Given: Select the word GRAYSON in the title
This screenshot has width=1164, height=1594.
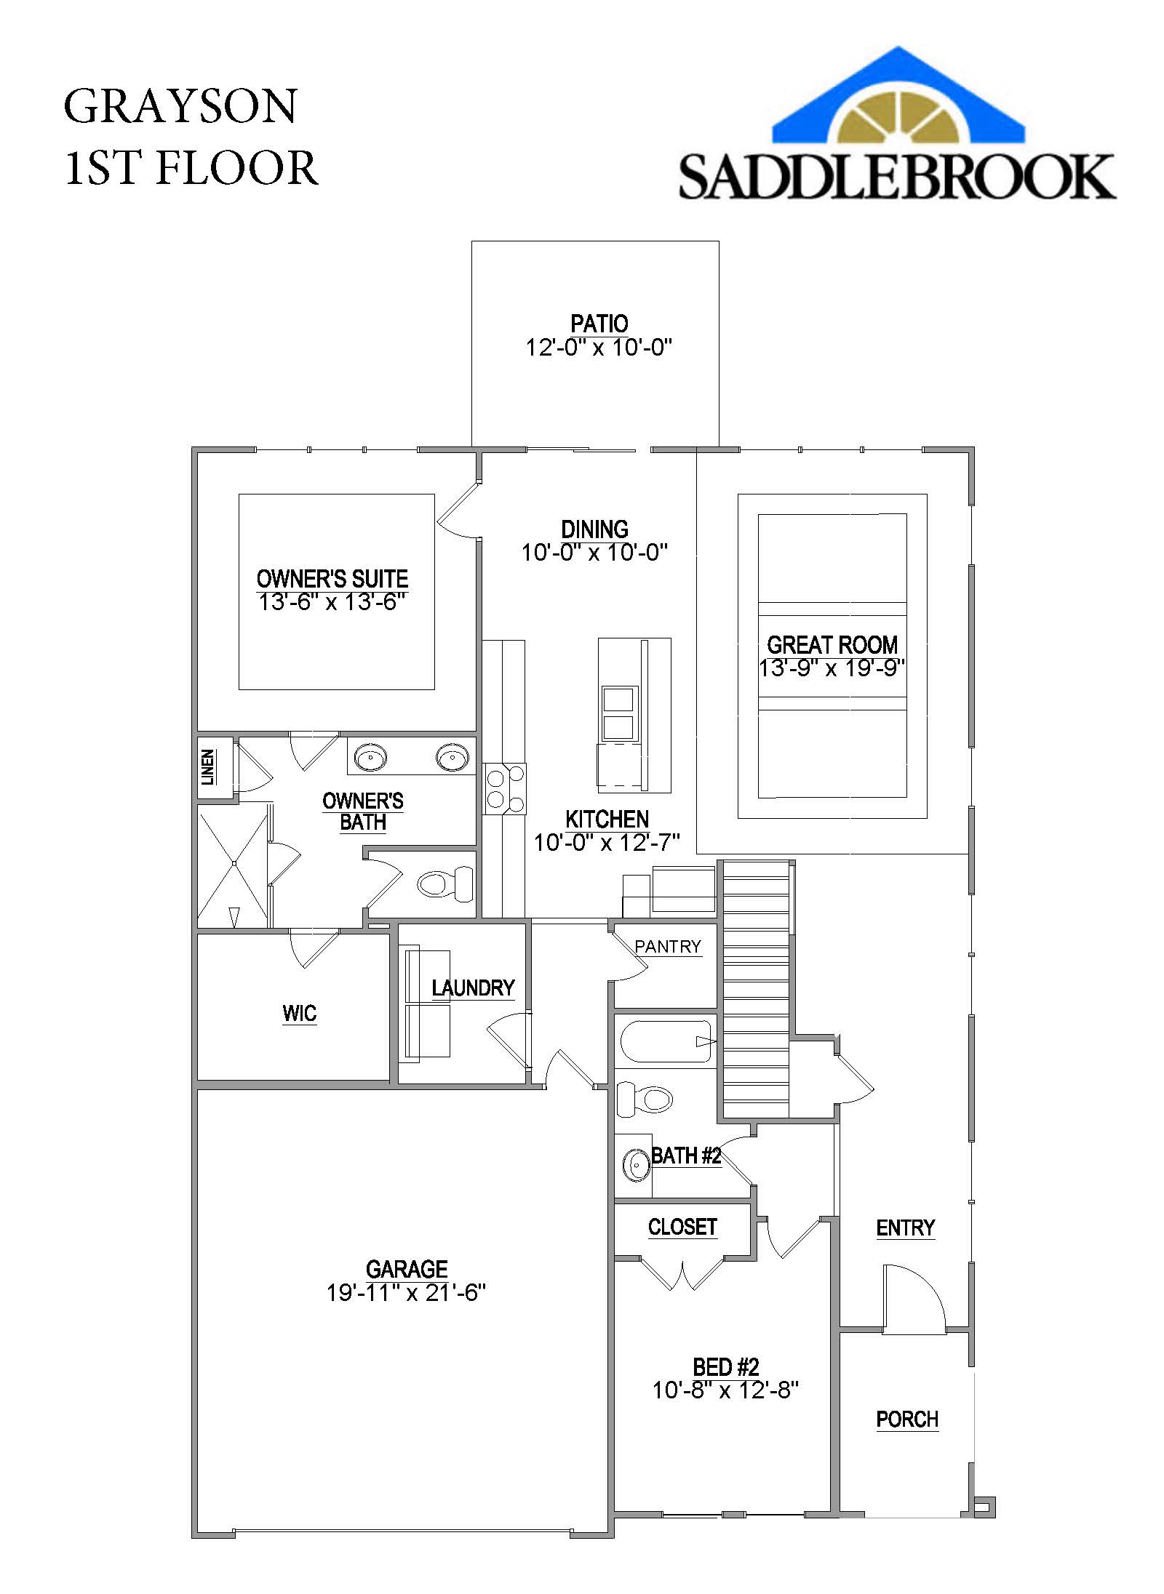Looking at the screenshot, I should click(x=180, y=106).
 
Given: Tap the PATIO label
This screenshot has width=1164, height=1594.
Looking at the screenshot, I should click(x=599, y=323).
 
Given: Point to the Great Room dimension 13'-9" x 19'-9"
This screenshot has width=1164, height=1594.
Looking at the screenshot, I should click(x=832, y=668).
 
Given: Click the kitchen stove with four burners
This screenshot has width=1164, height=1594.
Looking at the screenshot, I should click(x=505, y=788).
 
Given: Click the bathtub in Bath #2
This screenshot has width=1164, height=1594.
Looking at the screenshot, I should click(x=665, y=1042).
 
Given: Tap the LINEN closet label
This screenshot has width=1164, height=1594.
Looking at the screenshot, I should click(x=208, y=767).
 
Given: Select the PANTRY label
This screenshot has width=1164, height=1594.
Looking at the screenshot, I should click(x=667, y=946).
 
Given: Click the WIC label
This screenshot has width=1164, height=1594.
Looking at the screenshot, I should click(x=299, y=1013).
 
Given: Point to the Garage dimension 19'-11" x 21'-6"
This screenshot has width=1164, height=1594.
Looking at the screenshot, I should click(x=406, y=1293).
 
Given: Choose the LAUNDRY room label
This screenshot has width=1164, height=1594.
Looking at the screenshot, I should click(x=473, y=988).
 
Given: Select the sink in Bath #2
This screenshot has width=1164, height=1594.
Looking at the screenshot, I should click(x=637, y=1165).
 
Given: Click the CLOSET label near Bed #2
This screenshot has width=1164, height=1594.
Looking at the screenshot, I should click(x=682, y=1227).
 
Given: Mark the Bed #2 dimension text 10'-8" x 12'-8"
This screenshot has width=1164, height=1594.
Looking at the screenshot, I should click(x=725, y=1390).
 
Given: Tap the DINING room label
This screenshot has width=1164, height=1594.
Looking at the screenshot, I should click(x=594, y=529).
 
